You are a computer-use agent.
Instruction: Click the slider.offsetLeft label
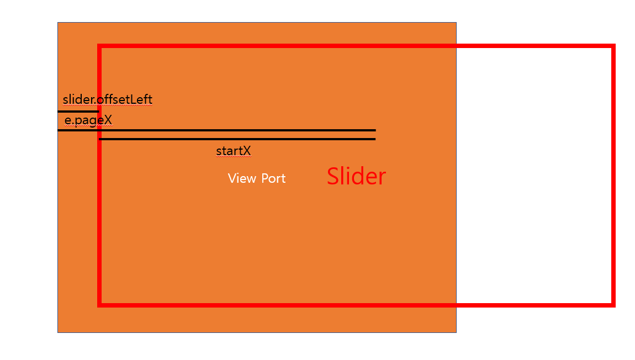tap(108, 100)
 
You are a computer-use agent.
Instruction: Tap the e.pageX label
tap(88, 120)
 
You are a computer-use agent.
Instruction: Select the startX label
tap(234, 151)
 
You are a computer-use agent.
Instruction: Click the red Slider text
tap(356, 176)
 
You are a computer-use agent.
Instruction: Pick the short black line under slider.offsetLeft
tap(78, 112)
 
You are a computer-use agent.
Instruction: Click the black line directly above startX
tap(237, 139)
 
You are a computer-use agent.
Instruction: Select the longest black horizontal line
tap(216, 130)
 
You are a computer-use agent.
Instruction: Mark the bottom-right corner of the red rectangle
tap(613, 304)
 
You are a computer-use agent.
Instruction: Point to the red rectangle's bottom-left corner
tap(99, 304)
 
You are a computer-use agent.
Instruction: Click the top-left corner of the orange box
tap(58, 23)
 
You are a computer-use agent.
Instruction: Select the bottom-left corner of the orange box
tap(58, 332)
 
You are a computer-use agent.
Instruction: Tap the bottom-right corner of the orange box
tap(456, 332)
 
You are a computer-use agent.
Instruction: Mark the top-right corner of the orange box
tap(456, 23)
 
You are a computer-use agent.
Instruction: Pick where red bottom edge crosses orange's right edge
tap(456, 304)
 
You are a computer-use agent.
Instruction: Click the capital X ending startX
tap(247, 151)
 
